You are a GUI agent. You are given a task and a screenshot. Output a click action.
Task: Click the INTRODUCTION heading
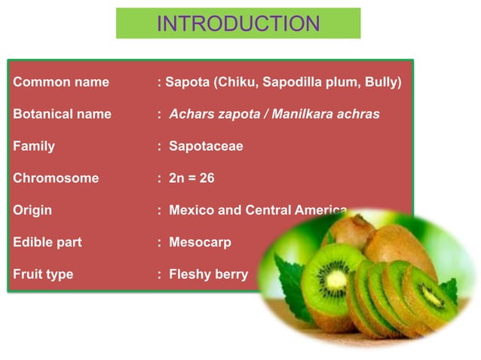point(238,23)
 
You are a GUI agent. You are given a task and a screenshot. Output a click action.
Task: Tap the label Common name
point(61,82)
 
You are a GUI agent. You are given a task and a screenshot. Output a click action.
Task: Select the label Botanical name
point(62,114)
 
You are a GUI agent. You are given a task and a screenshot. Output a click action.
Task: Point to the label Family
point(34,146)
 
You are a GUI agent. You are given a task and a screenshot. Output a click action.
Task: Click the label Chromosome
point(56,178)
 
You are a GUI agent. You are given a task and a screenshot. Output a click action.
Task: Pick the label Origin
point(32,210)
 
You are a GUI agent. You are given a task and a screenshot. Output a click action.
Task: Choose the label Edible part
point(47,243)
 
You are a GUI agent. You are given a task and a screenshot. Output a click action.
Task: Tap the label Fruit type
point(43,274)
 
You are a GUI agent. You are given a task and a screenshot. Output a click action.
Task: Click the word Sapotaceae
point(206,146)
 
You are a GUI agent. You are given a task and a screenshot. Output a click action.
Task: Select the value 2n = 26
point(192,178)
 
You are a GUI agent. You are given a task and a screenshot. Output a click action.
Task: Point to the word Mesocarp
point(200,243)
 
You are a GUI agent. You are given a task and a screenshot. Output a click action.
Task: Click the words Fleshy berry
point(208,274)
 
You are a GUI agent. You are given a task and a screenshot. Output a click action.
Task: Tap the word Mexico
point(191,210)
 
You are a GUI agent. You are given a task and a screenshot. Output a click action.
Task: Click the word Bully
point(381,82)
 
